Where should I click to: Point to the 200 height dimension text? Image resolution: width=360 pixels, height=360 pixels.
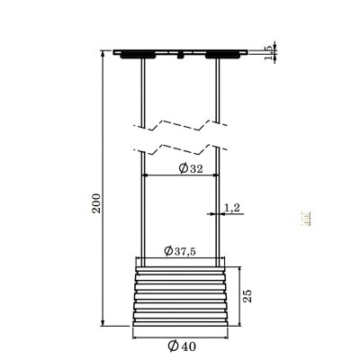point(97,203)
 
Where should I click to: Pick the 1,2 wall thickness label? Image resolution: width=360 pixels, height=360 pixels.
point(230,208)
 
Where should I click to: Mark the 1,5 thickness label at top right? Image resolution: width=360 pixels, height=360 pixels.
point(269,55)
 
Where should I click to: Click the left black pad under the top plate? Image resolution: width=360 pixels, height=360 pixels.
point(139,55)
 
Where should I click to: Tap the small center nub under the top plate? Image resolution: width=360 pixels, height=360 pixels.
point(181,56)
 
